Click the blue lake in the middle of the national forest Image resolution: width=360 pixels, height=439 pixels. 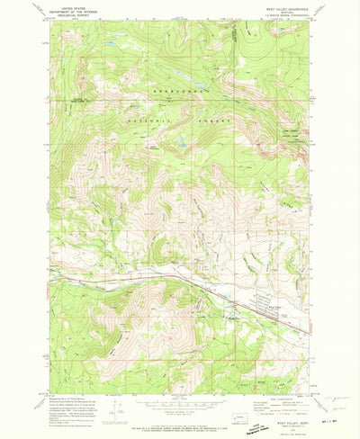point(181,141)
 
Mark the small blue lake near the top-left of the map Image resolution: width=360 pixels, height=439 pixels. point(110,43)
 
